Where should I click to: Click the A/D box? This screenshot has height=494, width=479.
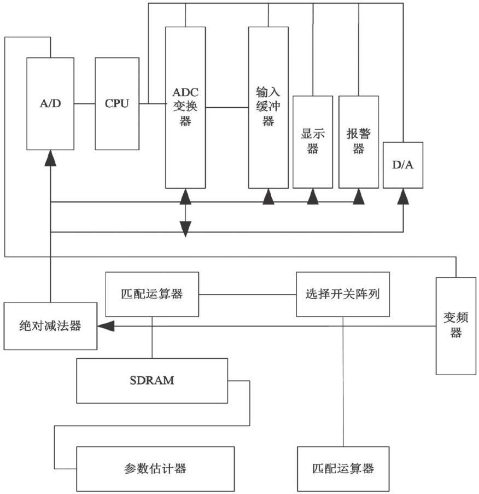click(50, 103)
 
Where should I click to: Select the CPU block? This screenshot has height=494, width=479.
click(116, 103)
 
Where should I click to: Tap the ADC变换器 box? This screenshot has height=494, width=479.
click(185, 107)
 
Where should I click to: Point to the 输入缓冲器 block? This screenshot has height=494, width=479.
click(268, 107)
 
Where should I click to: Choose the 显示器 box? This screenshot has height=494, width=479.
click(312, 142)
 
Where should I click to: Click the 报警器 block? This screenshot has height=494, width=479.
click(358, 142)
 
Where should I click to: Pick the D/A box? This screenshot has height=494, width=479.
click(403, 165)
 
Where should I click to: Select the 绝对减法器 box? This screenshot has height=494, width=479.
click(50, 326)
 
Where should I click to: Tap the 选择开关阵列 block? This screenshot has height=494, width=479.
click(343, 294)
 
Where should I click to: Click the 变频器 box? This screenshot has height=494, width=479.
click(456, 326)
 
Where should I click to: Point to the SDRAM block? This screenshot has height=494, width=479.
click(152, 381)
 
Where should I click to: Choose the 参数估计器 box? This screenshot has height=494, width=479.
click(155, 468)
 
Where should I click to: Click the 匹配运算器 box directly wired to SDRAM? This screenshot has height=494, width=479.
click(151, 294)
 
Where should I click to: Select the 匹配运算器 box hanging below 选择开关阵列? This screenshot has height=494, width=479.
click(343, 468)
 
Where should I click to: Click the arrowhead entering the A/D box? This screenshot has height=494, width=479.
click(50, 158)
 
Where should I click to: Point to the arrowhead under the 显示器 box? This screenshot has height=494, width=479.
click(312, 196)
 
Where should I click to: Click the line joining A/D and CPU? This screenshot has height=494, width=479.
click(84, 103)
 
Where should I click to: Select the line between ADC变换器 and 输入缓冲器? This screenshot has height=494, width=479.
click(227, 107)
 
